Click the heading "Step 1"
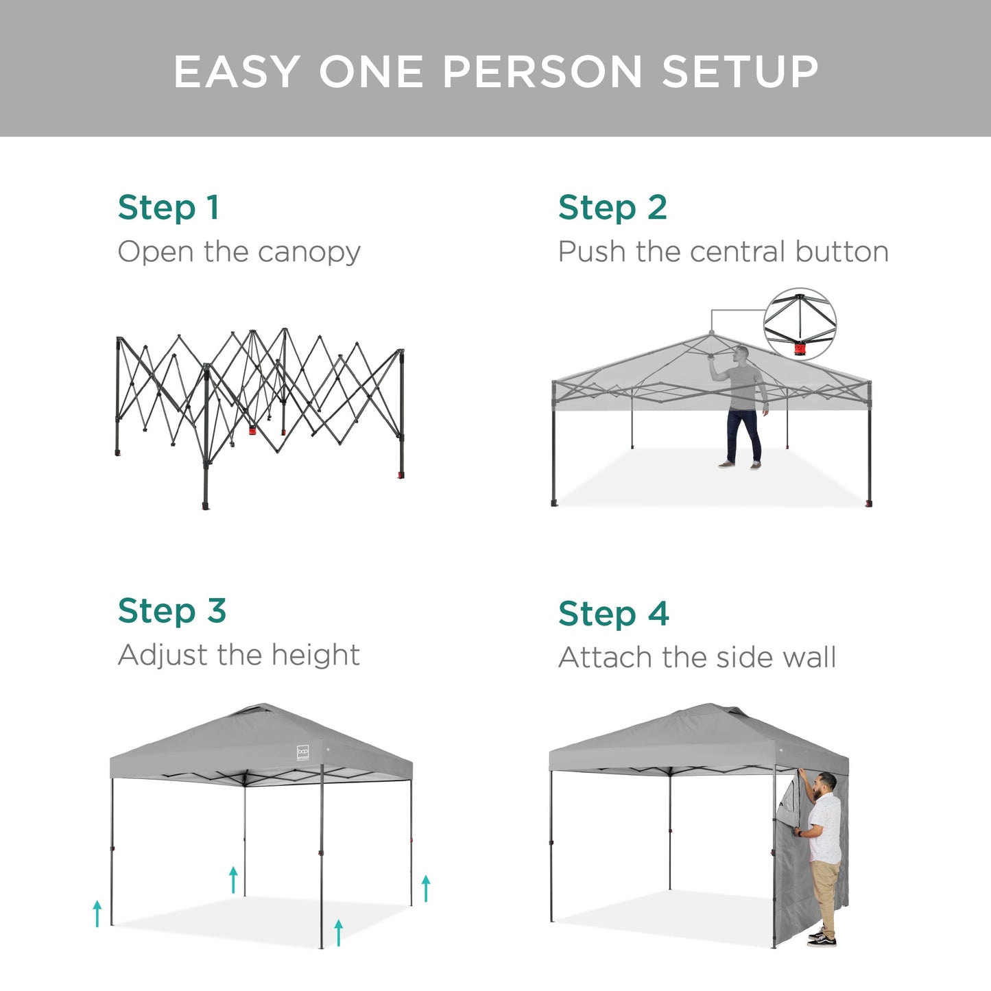(x=169, y=208)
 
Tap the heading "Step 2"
(x=612, y=208)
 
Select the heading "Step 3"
(x=171, y=611)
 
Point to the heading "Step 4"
(x=613, y=614)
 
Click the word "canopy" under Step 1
(x=309, y=253)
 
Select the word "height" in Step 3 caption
(x=315, y=655)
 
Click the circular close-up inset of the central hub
(x=800, y=324)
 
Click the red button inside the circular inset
(x=800, y=349)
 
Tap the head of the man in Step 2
(x=741, y=355)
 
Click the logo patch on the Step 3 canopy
(x=303, y=752)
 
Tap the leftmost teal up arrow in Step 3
(x=97, y=914)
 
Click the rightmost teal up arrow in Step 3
(x=426, y=888)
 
